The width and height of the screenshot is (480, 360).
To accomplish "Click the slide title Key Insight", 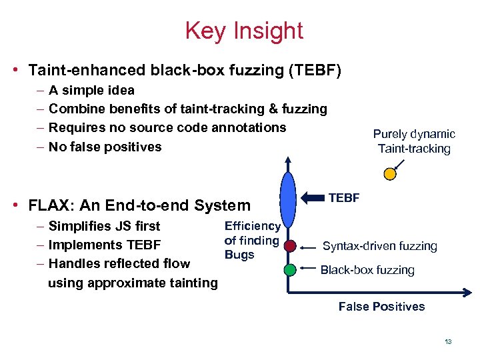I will (x=244, y=31).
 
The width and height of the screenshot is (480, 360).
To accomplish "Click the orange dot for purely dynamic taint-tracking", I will (x=390, y=173).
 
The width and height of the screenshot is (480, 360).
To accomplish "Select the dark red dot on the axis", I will (x=289, y=246).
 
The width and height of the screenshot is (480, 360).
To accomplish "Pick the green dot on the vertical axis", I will (x=289, y=270).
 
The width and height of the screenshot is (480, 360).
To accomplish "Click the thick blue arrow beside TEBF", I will (x=313, y=198).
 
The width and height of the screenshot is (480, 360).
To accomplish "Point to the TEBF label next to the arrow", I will (x=344, y=197).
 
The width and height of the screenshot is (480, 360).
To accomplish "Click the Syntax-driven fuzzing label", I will (x=379, y=246).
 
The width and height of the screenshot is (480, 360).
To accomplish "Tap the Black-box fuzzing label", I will (x=367, y=270).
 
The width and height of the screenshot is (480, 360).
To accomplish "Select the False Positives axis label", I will (x=381, y=307).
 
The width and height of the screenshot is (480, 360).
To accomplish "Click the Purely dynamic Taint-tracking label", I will (x=414, y=141).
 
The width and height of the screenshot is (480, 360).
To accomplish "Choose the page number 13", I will (x=448, y=342).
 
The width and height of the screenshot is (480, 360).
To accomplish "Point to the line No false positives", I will (x=105, y=147).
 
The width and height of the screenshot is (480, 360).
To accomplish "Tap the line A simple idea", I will (x=91, y=90).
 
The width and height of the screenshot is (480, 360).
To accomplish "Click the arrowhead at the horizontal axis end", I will (x=469, y=293).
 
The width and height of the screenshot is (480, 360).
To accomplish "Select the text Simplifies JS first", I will (x=104, y=226).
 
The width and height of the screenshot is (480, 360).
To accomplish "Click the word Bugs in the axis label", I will (x=239, y=255).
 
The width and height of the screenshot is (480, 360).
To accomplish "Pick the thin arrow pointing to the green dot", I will (x=307, y=269).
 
